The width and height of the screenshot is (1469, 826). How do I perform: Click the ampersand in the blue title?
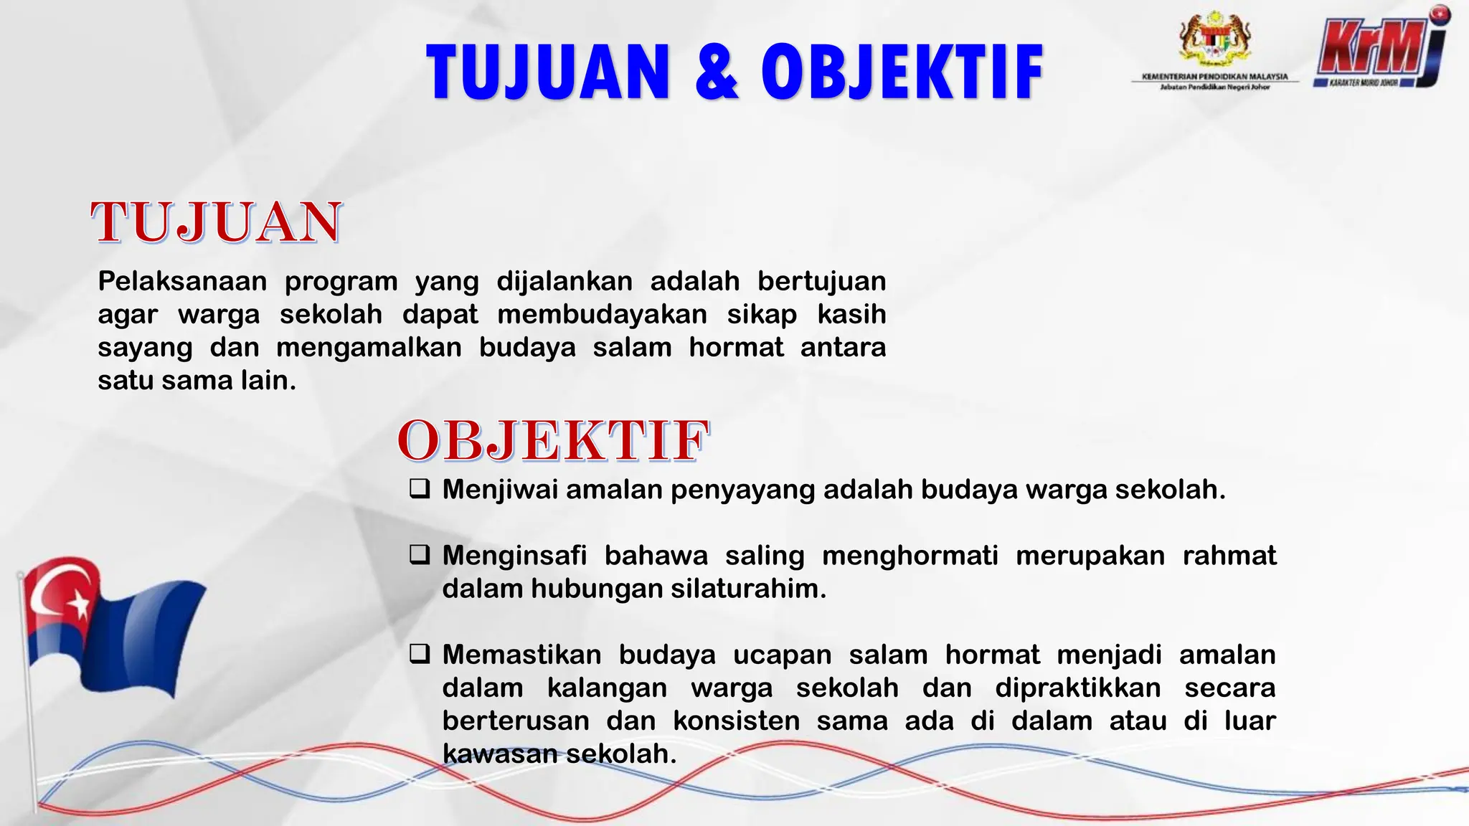click(x=717, y=72)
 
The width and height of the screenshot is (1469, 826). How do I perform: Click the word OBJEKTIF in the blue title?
click(x=902, y=72)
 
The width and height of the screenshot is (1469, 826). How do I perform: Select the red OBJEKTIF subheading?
click(x=553, y=440)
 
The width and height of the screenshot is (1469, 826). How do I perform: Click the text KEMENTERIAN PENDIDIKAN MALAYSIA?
click(x=1215, y=76)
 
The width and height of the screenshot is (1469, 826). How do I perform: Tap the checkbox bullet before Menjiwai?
click(x=420, y=489)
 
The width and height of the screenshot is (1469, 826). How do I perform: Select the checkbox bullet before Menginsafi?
click(x=420, y=555)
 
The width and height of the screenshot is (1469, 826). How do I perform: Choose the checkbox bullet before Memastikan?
click(x=420, y=654)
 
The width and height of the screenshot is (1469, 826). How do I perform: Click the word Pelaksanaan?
click(x=182, y=281)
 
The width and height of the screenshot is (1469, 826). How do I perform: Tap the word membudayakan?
click(x=603, y=314)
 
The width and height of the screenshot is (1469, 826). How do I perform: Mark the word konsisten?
click(x=736, y=721)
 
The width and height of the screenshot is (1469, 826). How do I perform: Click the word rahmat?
click(x=1229, y=556)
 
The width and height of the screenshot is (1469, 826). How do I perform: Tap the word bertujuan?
click(x=821, y=281)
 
